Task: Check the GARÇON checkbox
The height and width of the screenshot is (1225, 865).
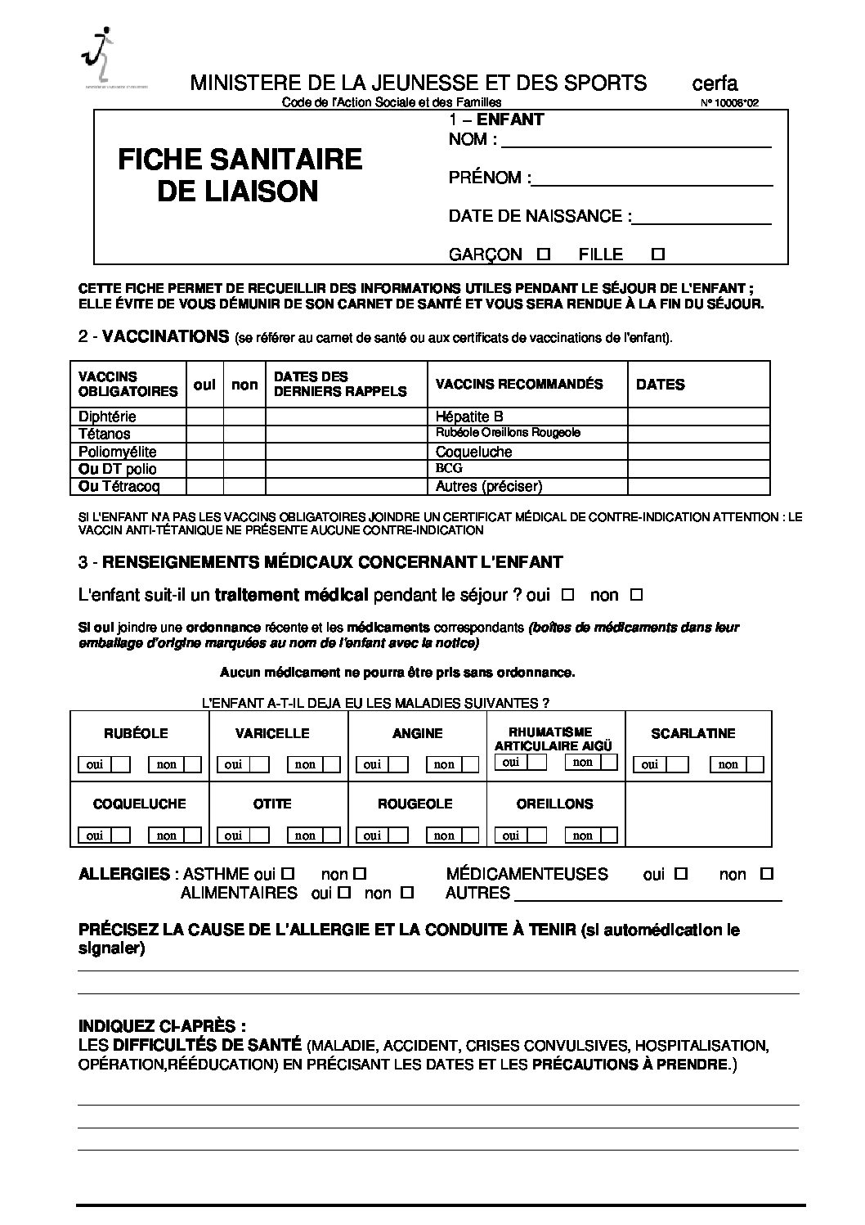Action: pyautogui.click(x=544, y=254)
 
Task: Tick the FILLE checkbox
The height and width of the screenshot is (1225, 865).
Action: pyautogui.click(x=657, y=254)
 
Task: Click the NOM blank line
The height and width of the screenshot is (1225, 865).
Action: pyautogui.click(x=636, y=142)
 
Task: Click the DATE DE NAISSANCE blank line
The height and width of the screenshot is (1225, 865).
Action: pyautogui.click(x=702, y=218)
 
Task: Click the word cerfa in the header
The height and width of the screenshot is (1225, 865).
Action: pyautogui.click(x=715, y=83)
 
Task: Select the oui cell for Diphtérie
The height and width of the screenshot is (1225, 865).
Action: pyautogui.click(x=204, y=417)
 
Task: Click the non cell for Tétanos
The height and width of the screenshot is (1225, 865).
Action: pyautogui.click(x=244, y=434)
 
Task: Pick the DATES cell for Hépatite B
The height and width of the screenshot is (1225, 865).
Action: pyautogui.click(x=698, y=417)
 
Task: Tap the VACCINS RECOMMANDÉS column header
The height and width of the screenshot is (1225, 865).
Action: pyautogui.click(x=519, y=384)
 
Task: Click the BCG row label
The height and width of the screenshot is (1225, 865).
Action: pyautogui.click(x=449, y=468)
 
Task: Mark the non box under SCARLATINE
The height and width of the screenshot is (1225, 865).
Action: pyautogui.click(x=753, y=764)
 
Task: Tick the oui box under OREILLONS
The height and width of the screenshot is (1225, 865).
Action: pyautogui.click(x=536, y=835)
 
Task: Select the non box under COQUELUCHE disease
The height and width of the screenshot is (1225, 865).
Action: pyautogui.click(x=192, y=835)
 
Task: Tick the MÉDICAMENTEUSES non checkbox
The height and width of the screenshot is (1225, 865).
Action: pyautogui.click(x=766, y=874)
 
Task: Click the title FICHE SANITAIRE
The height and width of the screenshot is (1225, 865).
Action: pyautogui.click(x=240, y=159)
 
